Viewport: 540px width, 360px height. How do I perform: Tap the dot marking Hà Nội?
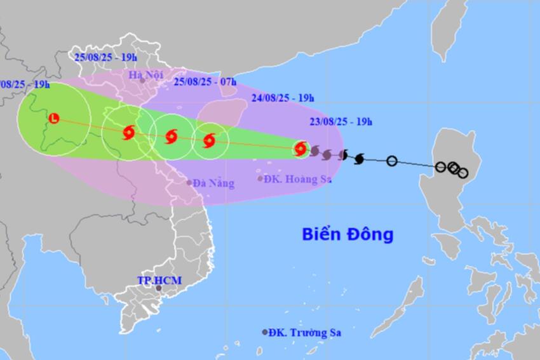click(143, 81)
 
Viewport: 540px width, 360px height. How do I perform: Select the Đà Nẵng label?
click(214, 183)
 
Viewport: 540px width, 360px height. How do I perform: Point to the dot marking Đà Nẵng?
click(189, 183)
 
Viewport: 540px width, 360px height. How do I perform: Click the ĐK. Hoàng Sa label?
click(297, 179)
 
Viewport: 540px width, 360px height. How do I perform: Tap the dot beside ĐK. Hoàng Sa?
click(260, 178)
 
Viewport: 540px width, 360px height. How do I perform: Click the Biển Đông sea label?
click(347, 234)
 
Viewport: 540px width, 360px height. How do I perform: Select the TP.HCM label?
click(155, 280)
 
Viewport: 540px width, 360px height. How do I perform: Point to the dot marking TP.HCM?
click(159, 289)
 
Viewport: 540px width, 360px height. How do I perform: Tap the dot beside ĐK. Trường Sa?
click(265, 332)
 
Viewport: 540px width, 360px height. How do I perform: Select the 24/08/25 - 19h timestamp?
click(282, 98)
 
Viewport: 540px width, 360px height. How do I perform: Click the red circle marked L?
click(54, 118)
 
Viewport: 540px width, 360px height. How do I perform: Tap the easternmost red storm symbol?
click(300, 149)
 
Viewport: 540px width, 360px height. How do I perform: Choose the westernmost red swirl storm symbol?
click(128, 133)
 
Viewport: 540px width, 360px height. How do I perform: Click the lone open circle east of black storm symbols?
click(392, 161)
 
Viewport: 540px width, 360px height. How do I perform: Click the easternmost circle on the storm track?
click(462, 173)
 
